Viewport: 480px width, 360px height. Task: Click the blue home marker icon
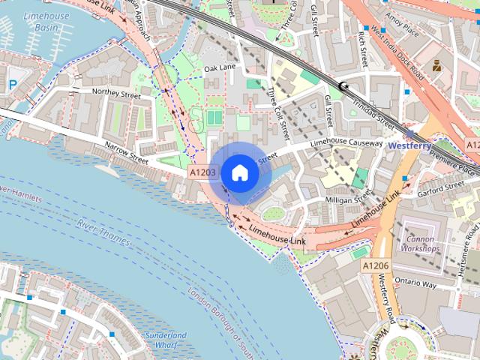tap(239, 172)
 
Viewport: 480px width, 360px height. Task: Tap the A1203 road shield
tap(202, 173)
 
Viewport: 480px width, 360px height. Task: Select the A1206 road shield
tap(375, 266)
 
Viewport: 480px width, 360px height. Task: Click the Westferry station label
tap(409, 145)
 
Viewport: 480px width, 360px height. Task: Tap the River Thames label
tap(103, 232)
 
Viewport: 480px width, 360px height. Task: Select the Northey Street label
tap(115, 94)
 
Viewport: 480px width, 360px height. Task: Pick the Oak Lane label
tap(220, 69)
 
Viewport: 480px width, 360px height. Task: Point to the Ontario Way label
tap(416, 285)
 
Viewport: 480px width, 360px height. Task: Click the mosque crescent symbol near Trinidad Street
tap(344, 87)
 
